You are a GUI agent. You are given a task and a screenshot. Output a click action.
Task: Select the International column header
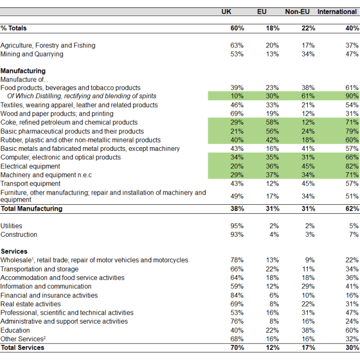[337, 12]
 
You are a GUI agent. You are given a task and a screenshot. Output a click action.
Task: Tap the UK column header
[226, 12]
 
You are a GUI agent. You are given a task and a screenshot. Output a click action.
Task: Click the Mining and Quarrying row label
[32, 54]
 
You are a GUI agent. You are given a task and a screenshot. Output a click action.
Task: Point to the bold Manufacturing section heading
[23, 70]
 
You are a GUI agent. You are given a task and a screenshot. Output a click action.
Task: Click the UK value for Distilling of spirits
[238, 96]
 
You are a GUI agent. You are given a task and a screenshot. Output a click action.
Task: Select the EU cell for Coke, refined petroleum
[272, 123]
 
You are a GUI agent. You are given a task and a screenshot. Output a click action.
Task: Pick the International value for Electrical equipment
[351, 166]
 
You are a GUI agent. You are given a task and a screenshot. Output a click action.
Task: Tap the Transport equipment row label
[30, 183]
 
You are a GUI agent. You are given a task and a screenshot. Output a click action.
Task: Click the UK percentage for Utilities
[238, 226]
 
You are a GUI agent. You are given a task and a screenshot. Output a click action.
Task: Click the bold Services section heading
[14, 251]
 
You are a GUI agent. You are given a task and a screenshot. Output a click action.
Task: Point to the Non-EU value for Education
[308, 330]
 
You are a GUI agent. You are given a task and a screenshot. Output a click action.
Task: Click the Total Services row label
[22, 348]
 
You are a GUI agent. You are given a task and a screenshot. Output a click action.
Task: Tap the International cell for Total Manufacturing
[351, 209]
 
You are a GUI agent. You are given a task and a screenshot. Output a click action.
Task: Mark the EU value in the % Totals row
[272, 28]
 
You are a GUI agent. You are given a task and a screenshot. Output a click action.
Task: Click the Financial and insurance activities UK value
[238, 295]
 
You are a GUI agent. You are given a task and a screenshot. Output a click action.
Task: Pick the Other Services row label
[22, 339]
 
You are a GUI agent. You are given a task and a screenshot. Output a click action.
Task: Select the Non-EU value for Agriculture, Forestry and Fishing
[308, 45]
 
